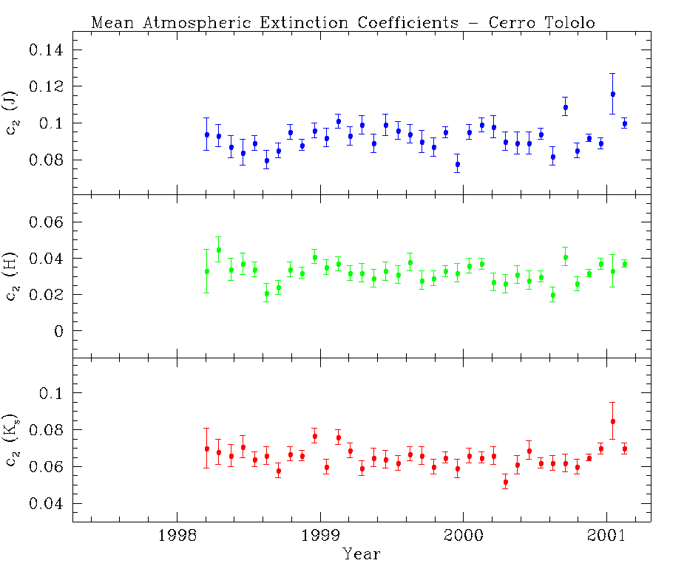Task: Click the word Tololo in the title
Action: click(x=570, y=22)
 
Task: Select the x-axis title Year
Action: click(x=362, y=553)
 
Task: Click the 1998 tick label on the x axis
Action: click(x=177, y=536)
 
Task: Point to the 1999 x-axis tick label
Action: click(x=320, y=536)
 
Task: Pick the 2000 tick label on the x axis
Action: click(x=464, y=536)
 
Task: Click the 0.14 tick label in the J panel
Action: click(x=47, y=50)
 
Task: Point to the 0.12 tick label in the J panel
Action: click(x=47, y=86)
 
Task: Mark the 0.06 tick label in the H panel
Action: click(x=47, y=222)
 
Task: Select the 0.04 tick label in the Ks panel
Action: click(x=47, y=504)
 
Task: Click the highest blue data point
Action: click(x=612, y=94)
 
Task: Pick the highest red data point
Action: click(x=612, y=421)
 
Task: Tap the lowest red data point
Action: click(x=505, y=483)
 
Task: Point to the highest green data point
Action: click(x=219, y=250)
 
